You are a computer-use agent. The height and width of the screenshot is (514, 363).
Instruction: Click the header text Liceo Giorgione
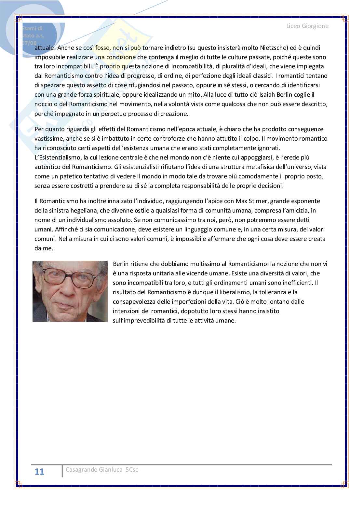pyautogui.click(x=307, y=26)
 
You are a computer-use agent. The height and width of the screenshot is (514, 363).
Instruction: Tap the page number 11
pyautogui.click(x=39, y=472)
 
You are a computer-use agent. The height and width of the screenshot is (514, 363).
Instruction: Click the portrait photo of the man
pyautogui.click(x=70, y=291)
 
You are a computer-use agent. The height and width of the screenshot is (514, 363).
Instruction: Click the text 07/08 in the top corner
pyautogui.click(x=30, y=43)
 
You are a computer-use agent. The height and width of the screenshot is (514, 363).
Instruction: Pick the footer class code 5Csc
pyautogui.click(x=132, y=469)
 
